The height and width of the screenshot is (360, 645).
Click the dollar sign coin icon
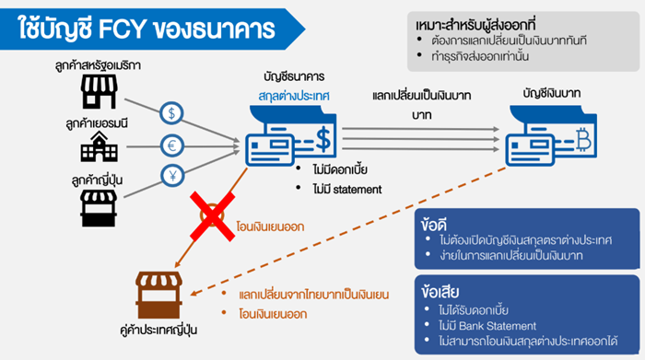[x=171, y=113]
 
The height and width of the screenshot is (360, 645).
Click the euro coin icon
[x=172, y=145]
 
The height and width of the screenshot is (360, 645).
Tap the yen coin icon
[x=172, y=176]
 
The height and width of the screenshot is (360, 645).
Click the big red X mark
[x=212, y=216]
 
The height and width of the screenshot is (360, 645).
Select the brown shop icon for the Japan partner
[x=158, y=295]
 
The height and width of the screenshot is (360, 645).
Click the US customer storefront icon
[x=99, y=91]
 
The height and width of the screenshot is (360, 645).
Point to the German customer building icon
[x=100, y=146]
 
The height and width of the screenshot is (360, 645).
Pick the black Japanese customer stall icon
[x=99, y=208]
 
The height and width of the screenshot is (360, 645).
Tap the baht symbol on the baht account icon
[x=583, y=140]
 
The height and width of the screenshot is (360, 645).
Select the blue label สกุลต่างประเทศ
[x=294, y=96]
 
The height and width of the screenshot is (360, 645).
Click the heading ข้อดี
[x=434, y=225]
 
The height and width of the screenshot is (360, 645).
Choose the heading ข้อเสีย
[x=440, y=292]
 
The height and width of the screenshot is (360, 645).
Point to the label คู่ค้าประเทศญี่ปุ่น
[x=158, y=330]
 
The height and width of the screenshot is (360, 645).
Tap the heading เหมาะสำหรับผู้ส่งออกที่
[x=475, y=25]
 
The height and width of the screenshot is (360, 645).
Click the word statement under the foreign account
[x=358, y=190]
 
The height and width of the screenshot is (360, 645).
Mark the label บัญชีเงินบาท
[x=552, y=94]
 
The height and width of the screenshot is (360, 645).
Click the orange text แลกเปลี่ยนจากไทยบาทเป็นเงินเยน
[x=314, y=295]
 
